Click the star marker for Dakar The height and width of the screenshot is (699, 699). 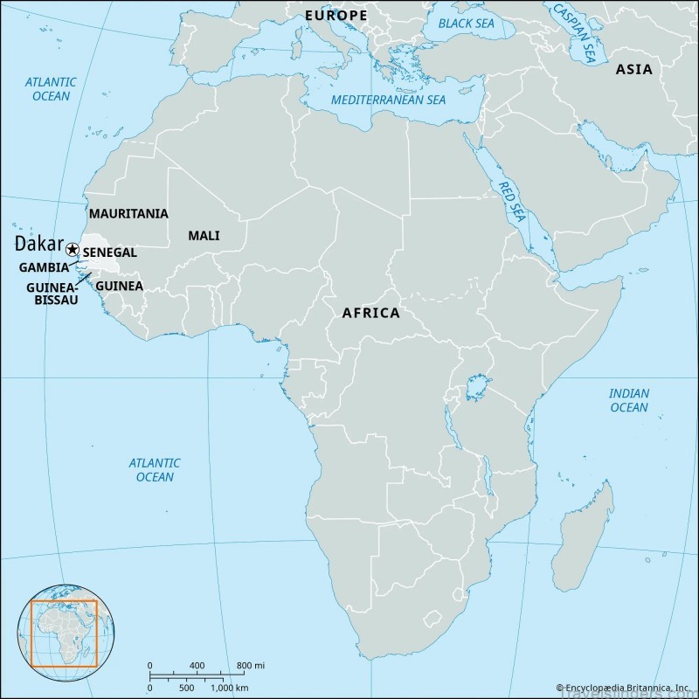pyautogui.click(x=73, y=251)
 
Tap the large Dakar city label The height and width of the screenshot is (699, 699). pyautogui.click(x=38, y=245)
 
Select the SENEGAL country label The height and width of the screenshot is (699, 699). pyautogui.click(x=109, y=252)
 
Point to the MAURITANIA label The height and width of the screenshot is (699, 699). pyautogui.click(x=128, y=213)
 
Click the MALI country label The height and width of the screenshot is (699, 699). pyautogui.click(x=204, y=235)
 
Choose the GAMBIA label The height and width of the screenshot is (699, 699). pyautogui.click(x=44, y=267)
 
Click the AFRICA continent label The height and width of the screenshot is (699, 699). pyautogui.click(x=370, y=312)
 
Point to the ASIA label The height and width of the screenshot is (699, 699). pyautogui.click(x=633, y=69)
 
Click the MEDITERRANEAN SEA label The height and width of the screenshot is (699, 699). pyautogui.click(x=388, y=100)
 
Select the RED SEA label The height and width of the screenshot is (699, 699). pyautogui.click(x=509, y=200)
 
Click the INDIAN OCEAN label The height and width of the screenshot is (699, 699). pyautogui.click(x=629, y=400)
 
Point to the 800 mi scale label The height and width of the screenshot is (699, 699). pyautogui.click(x=249, y=666)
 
